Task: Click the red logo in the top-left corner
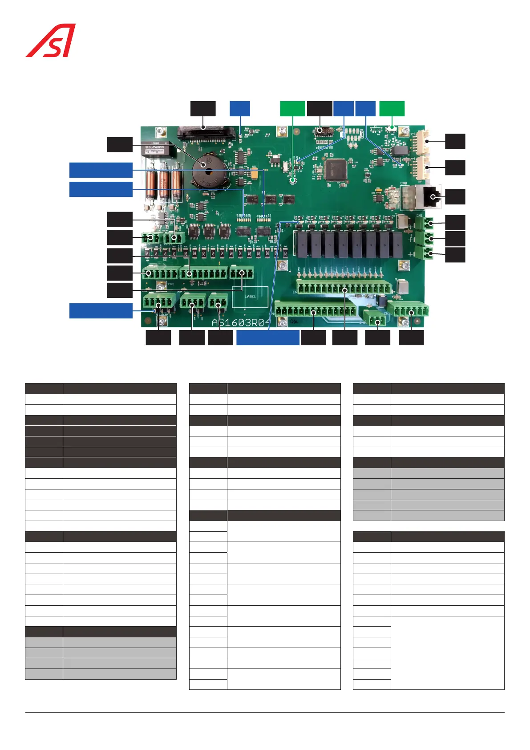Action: [50, 41]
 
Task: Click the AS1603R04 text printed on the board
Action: [240, 322]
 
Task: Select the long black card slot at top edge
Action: [206, 132]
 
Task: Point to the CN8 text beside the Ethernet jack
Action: [404, 183]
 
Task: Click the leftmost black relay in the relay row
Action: [302, 244]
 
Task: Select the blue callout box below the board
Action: [267, 338]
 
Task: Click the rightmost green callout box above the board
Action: [392, 109]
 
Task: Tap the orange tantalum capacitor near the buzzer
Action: [255, 175]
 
